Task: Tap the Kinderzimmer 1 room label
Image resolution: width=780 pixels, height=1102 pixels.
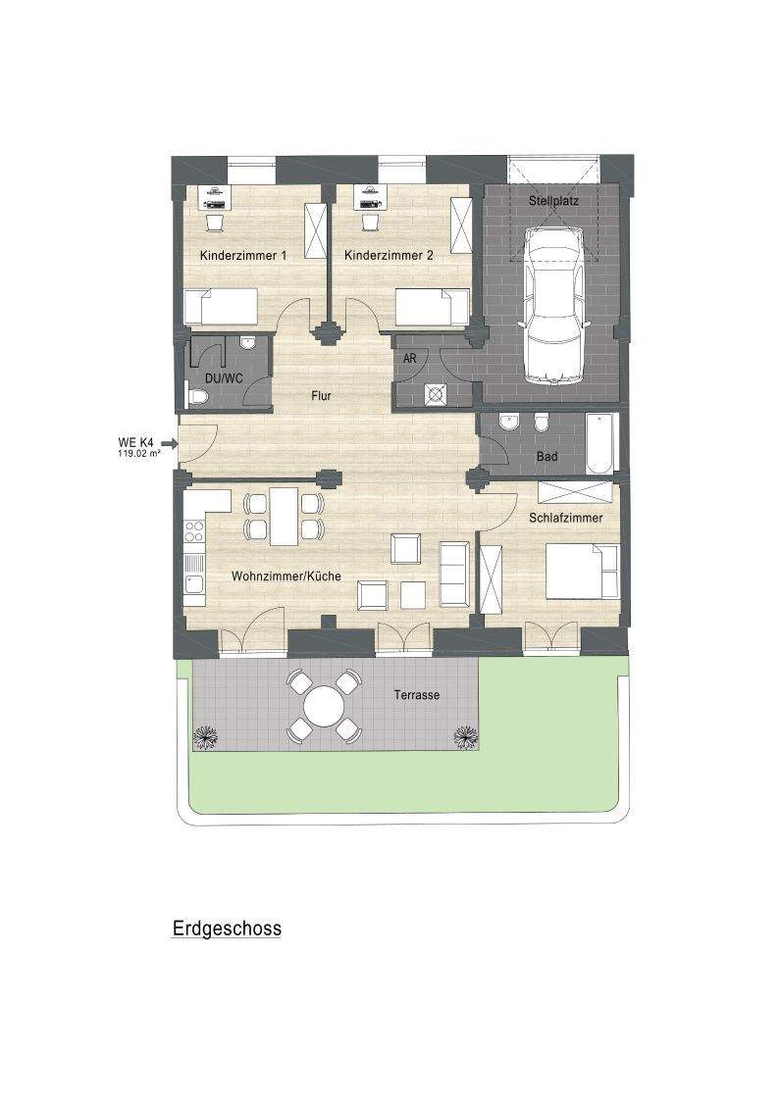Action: pos(243,256)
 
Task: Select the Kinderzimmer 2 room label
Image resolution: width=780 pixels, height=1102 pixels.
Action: pos(389,256)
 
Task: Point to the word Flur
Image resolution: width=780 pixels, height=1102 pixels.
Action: pos(322,396)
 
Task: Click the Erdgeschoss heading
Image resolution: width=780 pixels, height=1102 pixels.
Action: pos(228,928)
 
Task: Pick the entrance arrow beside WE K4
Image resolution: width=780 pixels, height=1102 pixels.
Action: pos(168,443)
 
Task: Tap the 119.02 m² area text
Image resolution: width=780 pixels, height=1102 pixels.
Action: pos(138,454)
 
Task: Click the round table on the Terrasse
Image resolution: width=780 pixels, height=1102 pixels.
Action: pos(325,705)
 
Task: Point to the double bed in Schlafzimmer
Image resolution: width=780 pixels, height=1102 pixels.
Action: pos(583,572)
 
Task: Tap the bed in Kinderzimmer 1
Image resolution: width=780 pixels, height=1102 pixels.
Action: pos(220,307)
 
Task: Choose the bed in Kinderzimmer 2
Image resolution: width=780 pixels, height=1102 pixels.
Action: pos(432,307)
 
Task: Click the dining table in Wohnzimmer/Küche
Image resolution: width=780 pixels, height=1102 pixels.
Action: pos(285,517)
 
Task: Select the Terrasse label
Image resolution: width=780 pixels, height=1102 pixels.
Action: pos(416,695)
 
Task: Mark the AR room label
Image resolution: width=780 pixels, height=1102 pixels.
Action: pos(410,359)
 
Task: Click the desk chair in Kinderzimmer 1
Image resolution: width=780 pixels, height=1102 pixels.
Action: pos(214,223)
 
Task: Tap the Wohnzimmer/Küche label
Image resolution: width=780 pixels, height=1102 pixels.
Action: pos(286,576)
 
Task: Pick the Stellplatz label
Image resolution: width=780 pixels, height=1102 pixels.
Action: pos(554,201)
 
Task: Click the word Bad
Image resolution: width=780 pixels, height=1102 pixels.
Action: pos(547,457)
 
